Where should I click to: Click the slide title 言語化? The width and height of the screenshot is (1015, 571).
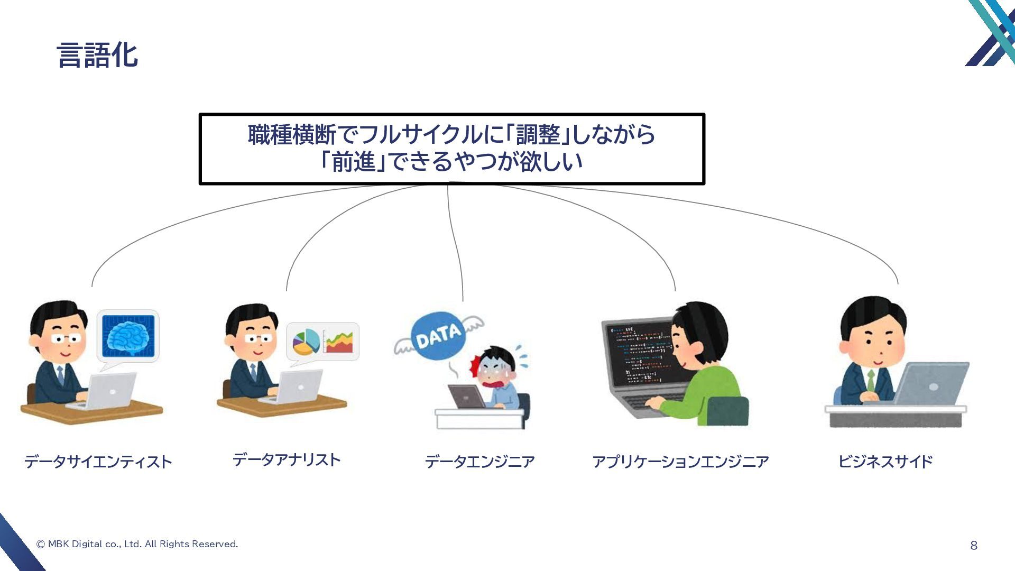pos(97,55)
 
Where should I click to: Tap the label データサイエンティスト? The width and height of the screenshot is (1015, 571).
pos(98,462)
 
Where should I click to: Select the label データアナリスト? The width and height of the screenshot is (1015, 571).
pos(287,459)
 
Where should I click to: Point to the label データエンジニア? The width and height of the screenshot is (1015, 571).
pos(480,462)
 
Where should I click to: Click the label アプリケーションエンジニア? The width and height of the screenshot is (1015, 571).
pos(680,462)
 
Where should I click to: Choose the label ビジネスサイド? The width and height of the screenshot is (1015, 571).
pos(885,462)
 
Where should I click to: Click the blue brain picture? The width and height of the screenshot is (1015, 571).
pos(128,336)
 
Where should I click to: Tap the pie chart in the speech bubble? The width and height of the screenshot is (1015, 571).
pos(306,342)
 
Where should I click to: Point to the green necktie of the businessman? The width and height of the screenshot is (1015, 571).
pos(871,380)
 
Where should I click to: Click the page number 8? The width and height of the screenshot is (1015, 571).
pos(974,546)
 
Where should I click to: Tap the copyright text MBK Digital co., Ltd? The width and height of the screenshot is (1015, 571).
pos(137,544)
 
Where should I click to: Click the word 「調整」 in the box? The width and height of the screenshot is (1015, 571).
pos(538,135)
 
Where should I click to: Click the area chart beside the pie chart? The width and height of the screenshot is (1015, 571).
pos(339,342)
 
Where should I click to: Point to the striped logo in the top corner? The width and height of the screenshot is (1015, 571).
pos(991,33)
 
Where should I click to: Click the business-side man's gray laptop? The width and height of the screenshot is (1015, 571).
pos(930,383)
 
